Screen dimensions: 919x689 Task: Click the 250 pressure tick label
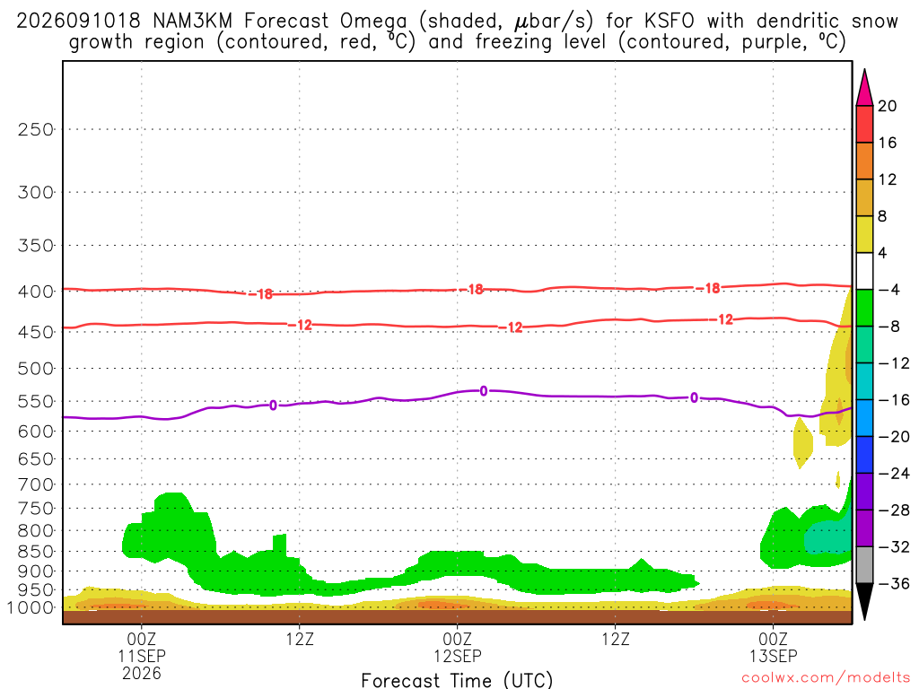click(36, 129)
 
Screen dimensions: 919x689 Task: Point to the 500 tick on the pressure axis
click(36, 369)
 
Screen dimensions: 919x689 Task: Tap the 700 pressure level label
click(36, 484)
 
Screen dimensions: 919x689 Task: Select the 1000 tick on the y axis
click(31, 607)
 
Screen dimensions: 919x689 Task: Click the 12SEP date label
click(458, 656)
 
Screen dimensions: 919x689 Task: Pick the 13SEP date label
click(773, 656)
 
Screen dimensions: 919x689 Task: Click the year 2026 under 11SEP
click(142, 673)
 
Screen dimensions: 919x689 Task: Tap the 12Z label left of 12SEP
click(300, 639)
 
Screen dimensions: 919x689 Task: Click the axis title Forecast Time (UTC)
click(457, 680)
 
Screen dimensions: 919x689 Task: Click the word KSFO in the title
click(669, 22)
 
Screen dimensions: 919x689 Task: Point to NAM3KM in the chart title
click(192, 22)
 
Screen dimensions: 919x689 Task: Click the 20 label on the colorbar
click(888, 106)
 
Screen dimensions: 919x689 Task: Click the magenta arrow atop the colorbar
click(864, 88)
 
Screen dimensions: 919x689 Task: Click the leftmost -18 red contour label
click(261, 294)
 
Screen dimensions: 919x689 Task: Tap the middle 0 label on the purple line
click(484, 391)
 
